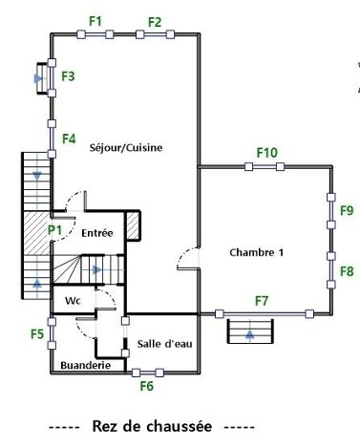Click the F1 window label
point(95,21)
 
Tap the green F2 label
point(155,22)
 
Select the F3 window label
point(68,76)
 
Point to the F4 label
point(69,139)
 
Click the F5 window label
point(37,334)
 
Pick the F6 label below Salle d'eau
point(147,386)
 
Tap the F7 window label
point(262,301)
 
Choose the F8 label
point(347,271)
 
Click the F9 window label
point(347,210)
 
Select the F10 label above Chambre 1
point(267,153)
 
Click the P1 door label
point(54,229)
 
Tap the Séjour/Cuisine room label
point(126,148)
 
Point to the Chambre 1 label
point(256,252)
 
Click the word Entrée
point(97,233)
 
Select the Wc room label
point(73,301)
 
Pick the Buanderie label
point(86,365)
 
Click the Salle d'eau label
point(165,344)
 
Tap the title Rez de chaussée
point(152,426)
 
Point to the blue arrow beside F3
point(38,78)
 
